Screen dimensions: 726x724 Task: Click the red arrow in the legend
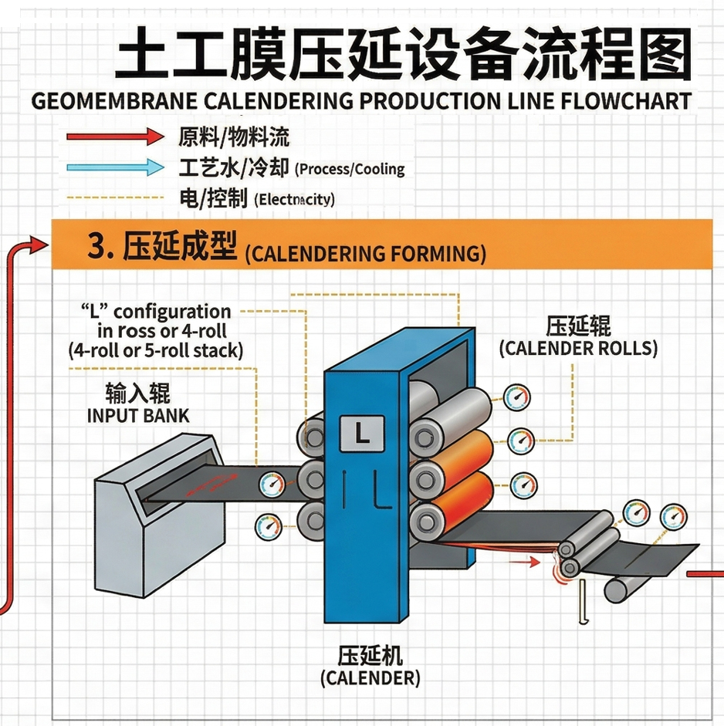[114, 137]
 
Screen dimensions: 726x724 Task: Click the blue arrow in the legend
[114, 167]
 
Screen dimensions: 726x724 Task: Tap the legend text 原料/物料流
[233, 137]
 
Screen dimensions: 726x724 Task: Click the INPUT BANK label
[138, 415]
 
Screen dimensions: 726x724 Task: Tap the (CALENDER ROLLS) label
[578, 348]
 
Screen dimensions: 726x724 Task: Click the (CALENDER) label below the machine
[370, 679]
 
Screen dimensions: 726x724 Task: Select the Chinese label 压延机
[370, 656]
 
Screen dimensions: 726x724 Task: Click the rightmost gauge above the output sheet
[673, 515]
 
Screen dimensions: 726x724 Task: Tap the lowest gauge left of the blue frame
[267, 524]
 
